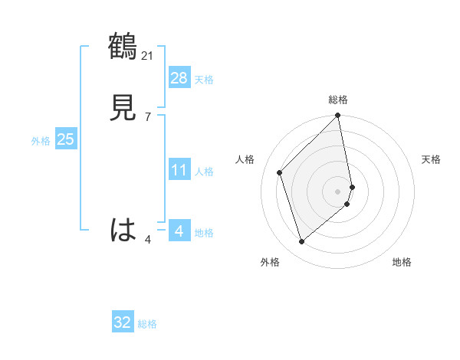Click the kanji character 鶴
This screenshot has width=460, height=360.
coord(123,47)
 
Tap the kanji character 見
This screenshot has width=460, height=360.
coord(123,108)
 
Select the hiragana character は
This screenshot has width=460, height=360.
coord(123,230)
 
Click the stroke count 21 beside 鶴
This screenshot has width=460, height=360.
coord(148,55)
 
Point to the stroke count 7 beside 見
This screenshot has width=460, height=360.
coord(147,116)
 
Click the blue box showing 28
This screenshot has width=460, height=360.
coord(179,77)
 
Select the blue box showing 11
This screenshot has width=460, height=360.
coord(179,169)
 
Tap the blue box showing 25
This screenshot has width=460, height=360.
coord(66,139)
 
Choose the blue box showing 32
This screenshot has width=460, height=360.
coord(123,322)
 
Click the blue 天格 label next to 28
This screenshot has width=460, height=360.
coord(204,80)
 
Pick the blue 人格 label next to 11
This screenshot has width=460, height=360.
coord(204,172)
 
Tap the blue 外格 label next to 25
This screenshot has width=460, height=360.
coord(41,141)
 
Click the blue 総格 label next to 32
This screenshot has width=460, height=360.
coord(147,325)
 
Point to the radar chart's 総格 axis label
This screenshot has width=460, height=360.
coord(338,100)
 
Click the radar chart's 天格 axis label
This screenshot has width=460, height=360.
coord(431,159)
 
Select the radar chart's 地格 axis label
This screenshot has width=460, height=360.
coord(402,262)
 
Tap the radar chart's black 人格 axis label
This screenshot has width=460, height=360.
coord(245,159)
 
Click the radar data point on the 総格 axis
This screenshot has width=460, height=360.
coord(338,116)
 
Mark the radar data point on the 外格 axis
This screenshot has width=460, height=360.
coord(302,242)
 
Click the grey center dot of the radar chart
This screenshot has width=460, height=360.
coord(338,191)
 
